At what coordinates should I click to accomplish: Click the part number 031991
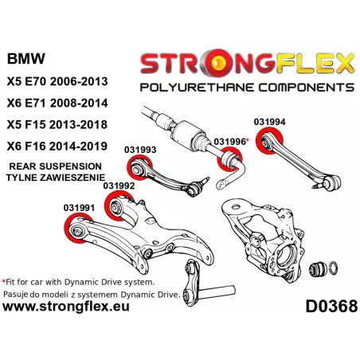click(79, 208)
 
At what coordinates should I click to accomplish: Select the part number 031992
click(119, 186)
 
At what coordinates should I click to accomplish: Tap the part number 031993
click(140, 150)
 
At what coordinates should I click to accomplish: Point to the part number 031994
click(270, 122)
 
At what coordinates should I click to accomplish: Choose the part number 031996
click(230, 142)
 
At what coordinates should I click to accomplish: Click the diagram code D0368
click(331, 306)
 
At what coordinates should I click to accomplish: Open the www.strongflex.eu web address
click(66, 307)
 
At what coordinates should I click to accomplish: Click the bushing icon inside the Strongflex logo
click(219, 62)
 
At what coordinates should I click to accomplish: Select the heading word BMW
click(26, 59)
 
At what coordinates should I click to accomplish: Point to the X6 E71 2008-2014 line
click(57, 103)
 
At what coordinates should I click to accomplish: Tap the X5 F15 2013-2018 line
click(57, 124)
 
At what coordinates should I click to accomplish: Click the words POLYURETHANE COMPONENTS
click(247, 88)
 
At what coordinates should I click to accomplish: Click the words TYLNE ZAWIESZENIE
click(56, 178)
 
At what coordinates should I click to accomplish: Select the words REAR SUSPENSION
click(56, 166)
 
